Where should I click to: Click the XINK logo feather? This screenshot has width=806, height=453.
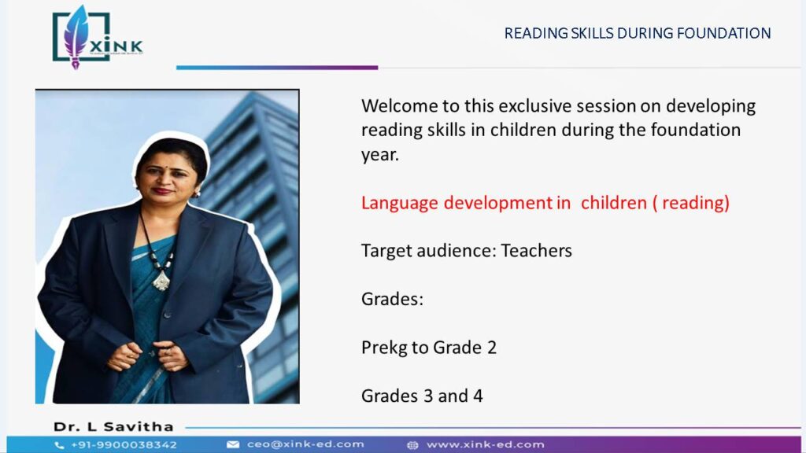(76, 36)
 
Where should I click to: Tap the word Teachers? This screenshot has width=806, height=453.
(536, 251)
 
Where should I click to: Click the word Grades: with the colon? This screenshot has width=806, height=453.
(392, 299)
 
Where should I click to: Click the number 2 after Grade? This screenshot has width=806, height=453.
(491, 348)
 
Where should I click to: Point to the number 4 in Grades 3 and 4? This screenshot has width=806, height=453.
(478, 396)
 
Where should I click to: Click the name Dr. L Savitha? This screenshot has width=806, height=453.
(113, 427)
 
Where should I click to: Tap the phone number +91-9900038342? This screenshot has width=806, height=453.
(124, 445)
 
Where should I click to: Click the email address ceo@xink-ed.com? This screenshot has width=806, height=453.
(305, 444)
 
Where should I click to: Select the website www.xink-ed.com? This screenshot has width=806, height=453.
(485, 445)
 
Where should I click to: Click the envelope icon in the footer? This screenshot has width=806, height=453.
(233, 445)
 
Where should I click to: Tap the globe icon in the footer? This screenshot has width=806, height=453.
(412, 445)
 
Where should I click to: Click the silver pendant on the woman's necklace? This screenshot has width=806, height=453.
(161, 281)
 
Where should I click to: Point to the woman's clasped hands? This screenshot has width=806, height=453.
(147, 356)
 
